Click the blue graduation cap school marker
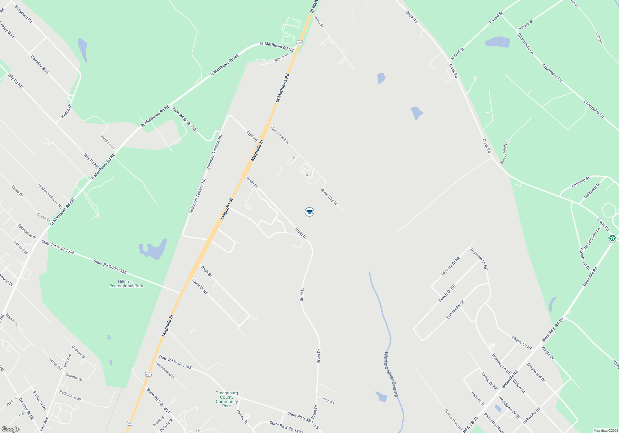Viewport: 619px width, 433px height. (309, 212)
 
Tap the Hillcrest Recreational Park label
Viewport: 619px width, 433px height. (126, 284)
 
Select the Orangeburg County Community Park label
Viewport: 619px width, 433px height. (227, 399)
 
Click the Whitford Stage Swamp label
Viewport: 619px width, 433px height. (391, 374)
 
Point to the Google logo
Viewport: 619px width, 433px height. (10, 429)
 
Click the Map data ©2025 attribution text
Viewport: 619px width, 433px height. (605, 431)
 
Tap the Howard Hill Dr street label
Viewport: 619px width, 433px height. (280, 135)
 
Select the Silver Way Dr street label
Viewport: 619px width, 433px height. (329, 197)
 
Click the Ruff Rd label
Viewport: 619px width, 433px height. (252, 136)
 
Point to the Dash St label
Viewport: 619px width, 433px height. (206, 271)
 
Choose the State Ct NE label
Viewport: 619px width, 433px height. (200, 287)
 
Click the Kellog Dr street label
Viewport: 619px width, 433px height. (66, 111)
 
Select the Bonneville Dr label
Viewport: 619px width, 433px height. (455, 310)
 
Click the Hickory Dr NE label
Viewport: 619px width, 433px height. (451, 266)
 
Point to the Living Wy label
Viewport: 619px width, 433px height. (327, 400)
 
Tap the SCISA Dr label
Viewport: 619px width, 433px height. (281, 58)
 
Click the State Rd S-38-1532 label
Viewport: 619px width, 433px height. (184, 119)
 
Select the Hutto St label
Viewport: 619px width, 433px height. (318, 22)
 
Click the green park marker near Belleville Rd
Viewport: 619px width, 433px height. (612, 238)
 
